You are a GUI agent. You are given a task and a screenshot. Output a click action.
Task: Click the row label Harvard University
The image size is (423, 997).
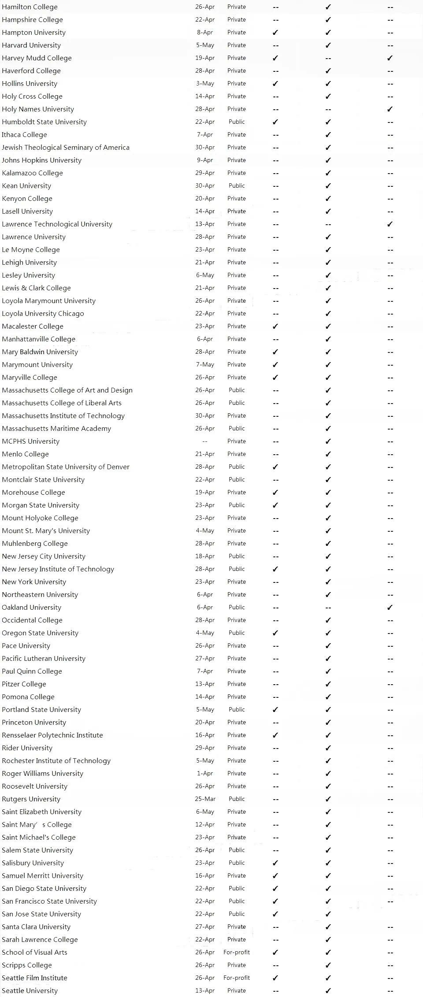click(31, 45)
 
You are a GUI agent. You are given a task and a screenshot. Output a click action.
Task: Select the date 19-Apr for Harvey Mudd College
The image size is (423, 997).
click(205, 58)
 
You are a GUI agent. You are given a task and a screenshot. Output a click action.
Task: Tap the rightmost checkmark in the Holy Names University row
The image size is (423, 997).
click(390, 109)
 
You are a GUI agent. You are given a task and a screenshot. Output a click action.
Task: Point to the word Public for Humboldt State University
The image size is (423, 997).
click(237, 122)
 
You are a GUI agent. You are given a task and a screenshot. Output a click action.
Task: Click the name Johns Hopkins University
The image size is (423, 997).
click(41, 160)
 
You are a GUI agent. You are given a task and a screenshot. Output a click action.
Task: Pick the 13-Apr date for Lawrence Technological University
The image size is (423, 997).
click(205, 224)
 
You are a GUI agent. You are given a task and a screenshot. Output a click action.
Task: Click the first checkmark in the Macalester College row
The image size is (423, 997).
click(275, 326)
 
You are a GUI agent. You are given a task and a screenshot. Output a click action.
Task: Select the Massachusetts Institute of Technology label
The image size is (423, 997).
click(63, 416)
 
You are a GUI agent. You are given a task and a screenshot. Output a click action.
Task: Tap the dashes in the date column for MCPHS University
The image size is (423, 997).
click(204, 441)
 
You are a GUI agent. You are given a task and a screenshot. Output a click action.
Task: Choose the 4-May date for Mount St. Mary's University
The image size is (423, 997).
click(205, 531)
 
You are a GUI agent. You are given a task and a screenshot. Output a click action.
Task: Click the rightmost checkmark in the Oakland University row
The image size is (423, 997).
click(390, 608)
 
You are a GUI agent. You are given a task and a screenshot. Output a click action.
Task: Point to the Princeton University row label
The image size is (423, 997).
click(34, 723)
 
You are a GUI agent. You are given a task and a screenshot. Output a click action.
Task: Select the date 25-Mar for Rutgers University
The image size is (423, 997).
click(205, 799)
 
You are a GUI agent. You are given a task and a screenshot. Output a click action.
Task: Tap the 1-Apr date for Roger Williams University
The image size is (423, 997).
click(205, 774)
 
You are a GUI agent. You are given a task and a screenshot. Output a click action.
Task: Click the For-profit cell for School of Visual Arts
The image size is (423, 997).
click(237, 953)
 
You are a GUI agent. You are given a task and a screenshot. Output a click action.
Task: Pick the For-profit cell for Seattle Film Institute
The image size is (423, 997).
click(237, 978)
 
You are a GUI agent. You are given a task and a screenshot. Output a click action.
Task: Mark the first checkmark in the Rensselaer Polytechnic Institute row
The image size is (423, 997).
click(275, 735)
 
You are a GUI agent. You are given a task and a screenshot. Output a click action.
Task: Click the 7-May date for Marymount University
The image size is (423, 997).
click(205, 365)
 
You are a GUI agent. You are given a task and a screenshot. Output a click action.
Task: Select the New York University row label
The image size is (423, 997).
click(34, 582)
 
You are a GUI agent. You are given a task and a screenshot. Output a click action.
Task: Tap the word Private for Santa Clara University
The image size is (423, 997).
click(237, 927)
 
